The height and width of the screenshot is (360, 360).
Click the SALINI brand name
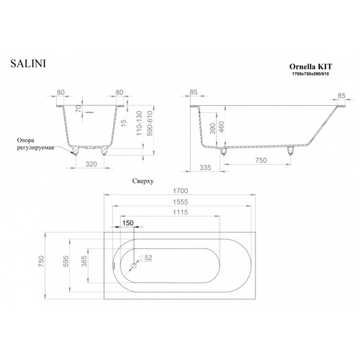tap(28, 63)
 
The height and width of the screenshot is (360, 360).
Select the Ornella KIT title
tap(311, 66)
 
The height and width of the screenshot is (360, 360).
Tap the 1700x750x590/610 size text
tap(310, 74)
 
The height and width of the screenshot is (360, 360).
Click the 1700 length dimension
tap(181, 191)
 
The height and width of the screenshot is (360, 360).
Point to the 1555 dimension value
tap(181, 202)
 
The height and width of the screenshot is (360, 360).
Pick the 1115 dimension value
tap(181, 212)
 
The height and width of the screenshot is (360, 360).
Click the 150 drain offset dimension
tap(127, 223)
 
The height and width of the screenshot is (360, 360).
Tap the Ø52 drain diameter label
tap(145, 258)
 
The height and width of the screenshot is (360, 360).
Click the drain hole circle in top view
tap(133, 266)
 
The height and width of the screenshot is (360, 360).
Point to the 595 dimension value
tap(66, 261)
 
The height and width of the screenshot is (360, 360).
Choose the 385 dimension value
tap(84, 261)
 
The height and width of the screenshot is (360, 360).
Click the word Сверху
tap(143, 181)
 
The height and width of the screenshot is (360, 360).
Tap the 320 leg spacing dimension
tap(91, 164)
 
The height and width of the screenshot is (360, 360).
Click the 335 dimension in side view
tap(205, 167)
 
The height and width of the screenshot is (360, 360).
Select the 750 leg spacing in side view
tap(261, 160)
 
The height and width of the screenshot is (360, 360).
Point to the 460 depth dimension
tap(221, 127)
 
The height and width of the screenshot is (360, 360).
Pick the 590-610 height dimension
tap(150, 123)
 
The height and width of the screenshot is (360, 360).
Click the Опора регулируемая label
tap(35, 144)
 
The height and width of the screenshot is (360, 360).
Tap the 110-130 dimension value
tap(140, 123)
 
